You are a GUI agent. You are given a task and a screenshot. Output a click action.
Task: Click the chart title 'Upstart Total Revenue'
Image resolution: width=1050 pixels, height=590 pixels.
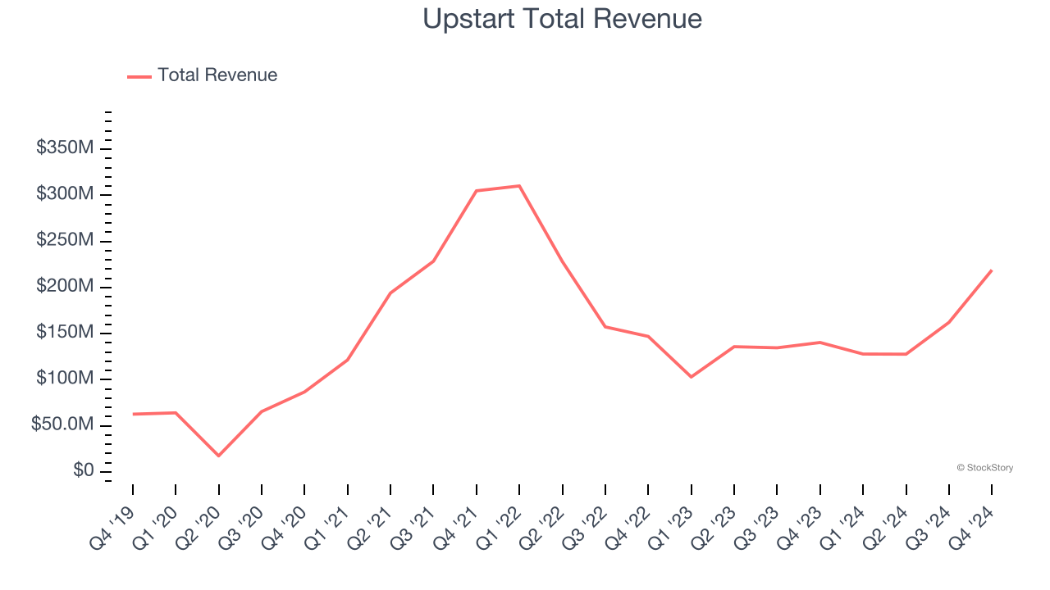(562, 19)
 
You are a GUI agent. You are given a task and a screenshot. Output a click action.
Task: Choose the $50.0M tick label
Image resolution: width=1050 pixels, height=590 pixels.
(62, 425)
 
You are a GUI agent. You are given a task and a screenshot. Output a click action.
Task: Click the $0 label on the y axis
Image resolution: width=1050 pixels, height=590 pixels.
(82, 471)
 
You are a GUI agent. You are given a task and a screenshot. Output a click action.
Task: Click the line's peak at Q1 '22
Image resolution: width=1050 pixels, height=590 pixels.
(519, 186)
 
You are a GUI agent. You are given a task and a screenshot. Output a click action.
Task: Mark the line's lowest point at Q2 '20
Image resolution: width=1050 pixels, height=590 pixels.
(218, 456)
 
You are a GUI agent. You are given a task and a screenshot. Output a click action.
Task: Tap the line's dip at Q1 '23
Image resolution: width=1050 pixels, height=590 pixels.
(691, 377)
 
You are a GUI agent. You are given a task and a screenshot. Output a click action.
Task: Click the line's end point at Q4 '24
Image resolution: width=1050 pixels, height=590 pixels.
(992, 270)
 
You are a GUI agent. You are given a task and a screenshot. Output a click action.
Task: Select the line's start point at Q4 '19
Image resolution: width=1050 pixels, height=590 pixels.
(133, 414)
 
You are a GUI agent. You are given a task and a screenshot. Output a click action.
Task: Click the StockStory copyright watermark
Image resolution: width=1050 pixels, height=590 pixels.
(984, 468)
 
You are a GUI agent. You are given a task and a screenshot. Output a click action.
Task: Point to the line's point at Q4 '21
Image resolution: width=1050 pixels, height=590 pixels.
(477, 191)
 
